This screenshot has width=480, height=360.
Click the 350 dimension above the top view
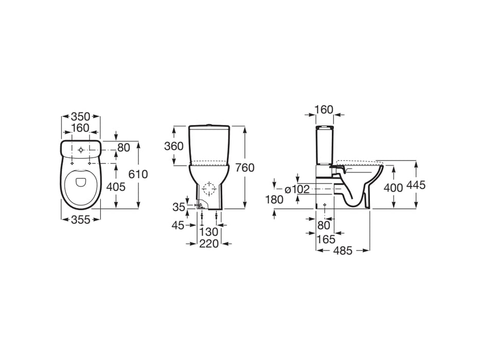tap(81, 117)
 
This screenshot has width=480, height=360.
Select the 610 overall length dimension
tap(138, 174)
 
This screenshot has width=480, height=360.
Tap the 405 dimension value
tap(116, 187)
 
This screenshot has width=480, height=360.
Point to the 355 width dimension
tap(81, 220)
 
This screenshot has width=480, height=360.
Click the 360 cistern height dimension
tap(174, 147)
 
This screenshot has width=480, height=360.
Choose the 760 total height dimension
tap(244, 168)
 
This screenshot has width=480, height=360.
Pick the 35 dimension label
tap(179, 207)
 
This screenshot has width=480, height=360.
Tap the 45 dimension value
tap(178, 226)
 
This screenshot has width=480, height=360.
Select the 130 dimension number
tap(209, 232)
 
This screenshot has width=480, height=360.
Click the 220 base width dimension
tap(209, 244)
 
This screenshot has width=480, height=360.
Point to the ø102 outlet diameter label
tap(297, 189)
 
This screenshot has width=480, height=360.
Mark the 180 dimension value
tap(275, 200)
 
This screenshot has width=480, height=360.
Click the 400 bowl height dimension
tap(394, 188)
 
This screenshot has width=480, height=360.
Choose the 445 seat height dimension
tap(416, 185)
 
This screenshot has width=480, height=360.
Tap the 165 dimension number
tap(326, 239)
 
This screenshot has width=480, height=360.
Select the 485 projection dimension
tap(343, 251)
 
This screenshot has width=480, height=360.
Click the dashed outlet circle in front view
tap(209, 189)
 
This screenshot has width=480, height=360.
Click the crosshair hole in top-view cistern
tap(80, 150)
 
